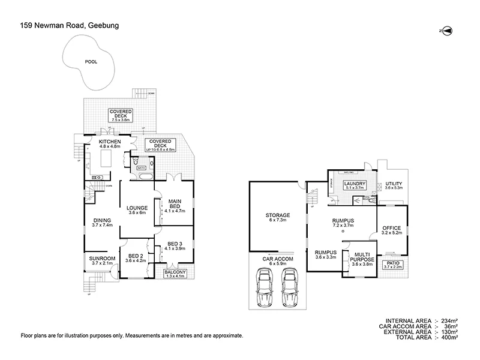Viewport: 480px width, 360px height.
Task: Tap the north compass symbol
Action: pyautogui.click(x=445, y=30)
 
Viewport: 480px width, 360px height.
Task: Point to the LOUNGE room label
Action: pyautogui.click(x=137, y=209)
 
